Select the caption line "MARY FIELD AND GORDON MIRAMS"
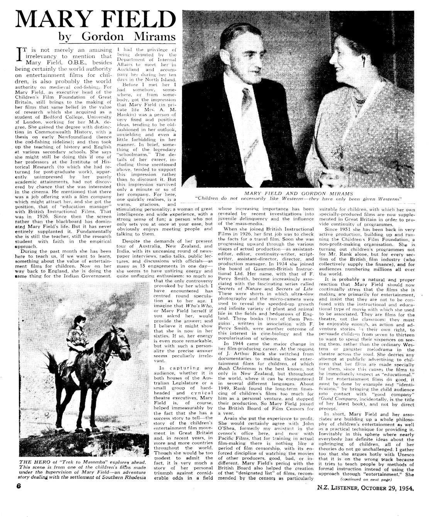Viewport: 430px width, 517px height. click(x=299, y=193)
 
